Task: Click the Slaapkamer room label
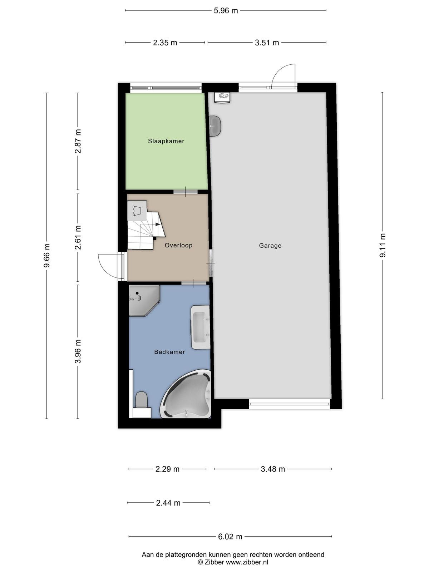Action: (166, 141)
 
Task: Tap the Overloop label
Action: (178, 245)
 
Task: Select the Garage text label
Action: (270, 246)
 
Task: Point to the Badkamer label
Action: (169, 352)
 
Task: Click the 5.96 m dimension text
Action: (226, 11)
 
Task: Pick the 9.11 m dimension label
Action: (383, 246)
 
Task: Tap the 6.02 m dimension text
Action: (230, 537)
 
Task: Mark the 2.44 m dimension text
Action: (168, 503)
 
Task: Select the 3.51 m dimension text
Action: (267, 43)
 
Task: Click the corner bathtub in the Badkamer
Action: (187, 394)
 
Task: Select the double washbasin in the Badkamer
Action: (201, 327)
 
